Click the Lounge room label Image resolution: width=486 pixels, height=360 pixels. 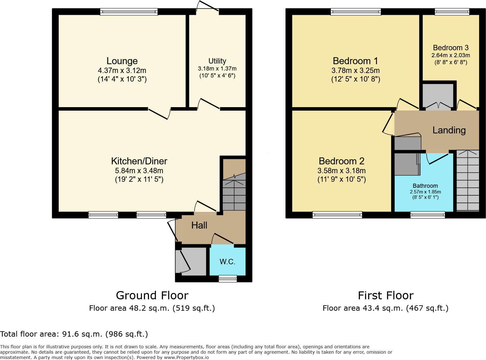click(x=122, y=61)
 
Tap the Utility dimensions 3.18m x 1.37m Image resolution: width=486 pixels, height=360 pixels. click(x=217, y=69)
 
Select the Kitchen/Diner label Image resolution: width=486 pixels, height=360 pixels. click(x=139, y=161)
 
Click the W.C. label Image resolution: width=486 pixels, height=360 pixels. click(x=227, y=262)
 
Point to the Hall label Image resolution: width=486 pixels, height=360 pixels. click(x=199, y=225)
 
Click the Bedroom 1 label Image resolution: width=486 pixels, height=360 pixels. click(x=355, y=61)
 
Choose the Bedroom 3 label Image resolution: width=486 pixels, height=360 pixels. click(x=451, y=48)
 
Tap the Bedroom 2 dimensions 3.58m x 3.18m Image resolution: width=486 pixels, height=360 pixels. click(x=341, y=171)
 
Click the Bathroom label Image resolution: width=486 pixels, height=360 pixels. click(x=425, y=186)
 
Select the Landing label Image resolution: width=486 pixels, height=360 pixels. click(x=449, y=130)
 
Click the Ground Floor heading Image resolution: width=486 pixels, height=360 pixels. click(x=152, y=296)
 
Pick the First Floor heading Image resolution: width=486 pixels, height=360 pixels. click(x=386, y=296)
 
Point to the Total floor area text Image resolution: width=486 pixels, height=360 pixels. click(x=74, y=334)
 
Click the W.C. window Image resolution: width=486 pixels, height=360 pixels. click(x=228, y=278)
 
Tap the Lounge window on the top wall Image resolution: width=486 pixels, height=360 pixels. click(x=129, y=12)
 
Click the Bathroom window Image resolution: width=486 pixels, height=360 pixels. click(x=428, y=215)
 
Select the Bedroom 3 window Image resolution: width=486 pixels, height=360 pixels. click(x=452, y=12)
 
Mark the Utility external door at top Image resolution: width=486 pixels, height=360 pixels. click(x=207, y=9)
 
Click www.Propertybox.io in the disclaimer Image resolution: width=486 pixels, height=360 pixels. click(x=186, y=357)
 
